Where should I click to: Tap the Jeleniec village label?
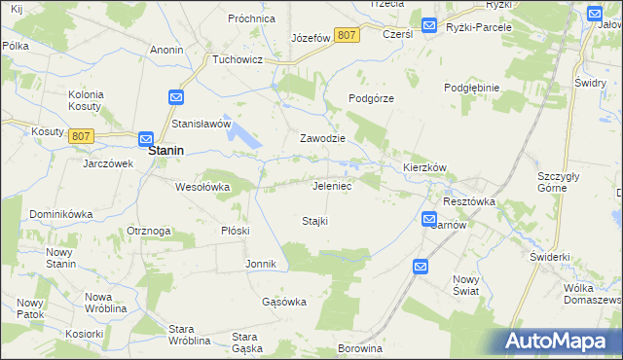point(332,185)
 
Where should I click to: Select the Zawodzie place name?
point(323,138)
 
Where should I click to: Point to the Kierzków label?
point(424,167)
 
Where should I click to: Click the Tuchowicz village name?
point(239,58)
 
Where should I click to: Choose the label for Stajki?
point(314,221)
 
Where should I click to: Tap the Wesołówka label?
point(202,186)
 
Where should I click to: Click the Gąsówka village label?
point(284,302)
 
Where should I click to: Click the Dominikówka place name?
point(60,213)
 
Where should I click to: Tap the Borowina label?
point(356,347)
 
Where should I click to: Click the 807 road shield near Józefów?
point(346,35)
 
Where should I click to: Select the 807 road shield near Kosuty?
point(81,136)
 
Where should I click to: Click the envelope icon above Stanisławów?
point(176,98)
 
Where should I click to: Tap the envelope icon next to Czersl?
point(429,25)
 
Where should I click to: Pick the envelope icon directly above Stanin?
point(146,139)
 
